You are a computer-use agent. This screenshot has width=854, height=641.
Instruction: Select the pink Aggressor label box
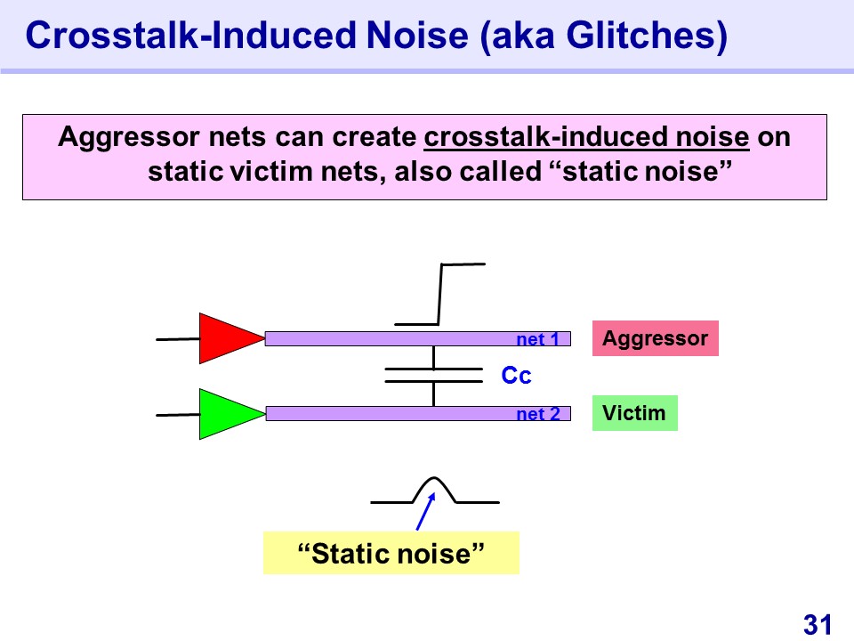[656, 338]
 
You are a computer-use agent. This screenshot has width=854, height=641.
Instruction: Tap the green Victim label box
[635, 413]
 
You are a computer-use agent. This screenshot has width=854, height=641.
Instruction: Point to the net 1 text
[538, 339]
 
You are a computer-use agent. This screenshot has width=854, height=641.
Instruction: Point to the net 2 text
[538, 414]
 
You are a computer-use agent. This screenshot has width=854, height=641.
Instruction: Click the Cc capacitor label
[516, 375]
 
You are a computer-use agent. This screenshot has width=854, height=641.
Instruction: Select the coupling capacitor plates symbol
[433, 375]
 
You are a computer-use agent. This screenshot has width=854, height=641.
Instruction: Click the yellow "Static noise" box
[391, 553]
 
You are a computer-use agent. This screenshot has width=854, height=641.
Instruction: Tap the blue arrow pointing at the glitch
[426, 511]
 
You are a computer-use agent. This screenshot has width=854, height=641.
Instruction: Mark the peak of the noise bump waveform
[433, 478]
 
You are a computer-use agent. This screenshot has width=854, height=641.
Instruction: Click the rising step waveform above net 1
[439, 295]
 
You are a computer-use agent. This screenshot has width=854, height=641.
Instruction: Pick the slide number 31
[818, 624]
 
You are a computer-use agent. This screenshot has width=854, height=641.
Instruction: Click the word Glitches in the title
[647, 36]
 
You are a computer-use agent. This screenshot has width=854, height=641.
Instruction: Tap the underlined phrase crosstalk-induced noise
[586, 137]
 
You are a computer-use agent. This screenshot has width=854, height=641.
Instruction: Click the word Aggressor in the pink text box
[128, 137]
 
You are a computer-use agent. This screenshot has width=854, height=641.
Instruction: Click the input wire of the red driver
[178, 339]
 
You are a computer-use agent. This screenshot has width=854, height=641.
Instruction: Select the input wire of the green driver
[178, 415]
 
